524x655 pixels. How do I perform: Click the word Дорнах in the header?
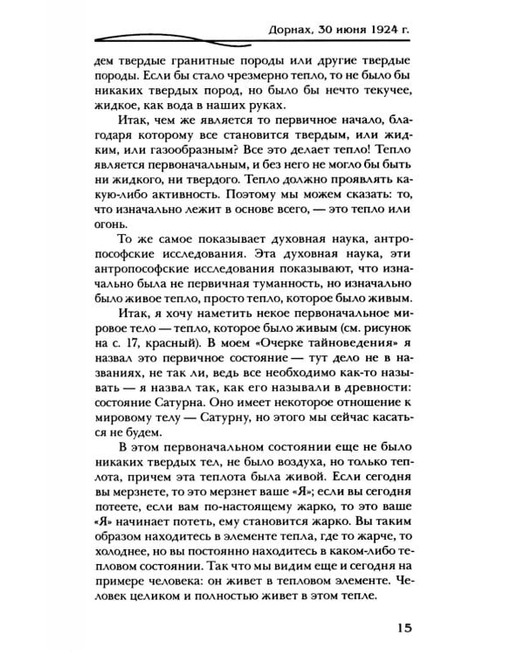pyautogui.click(x=293, y=26)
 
